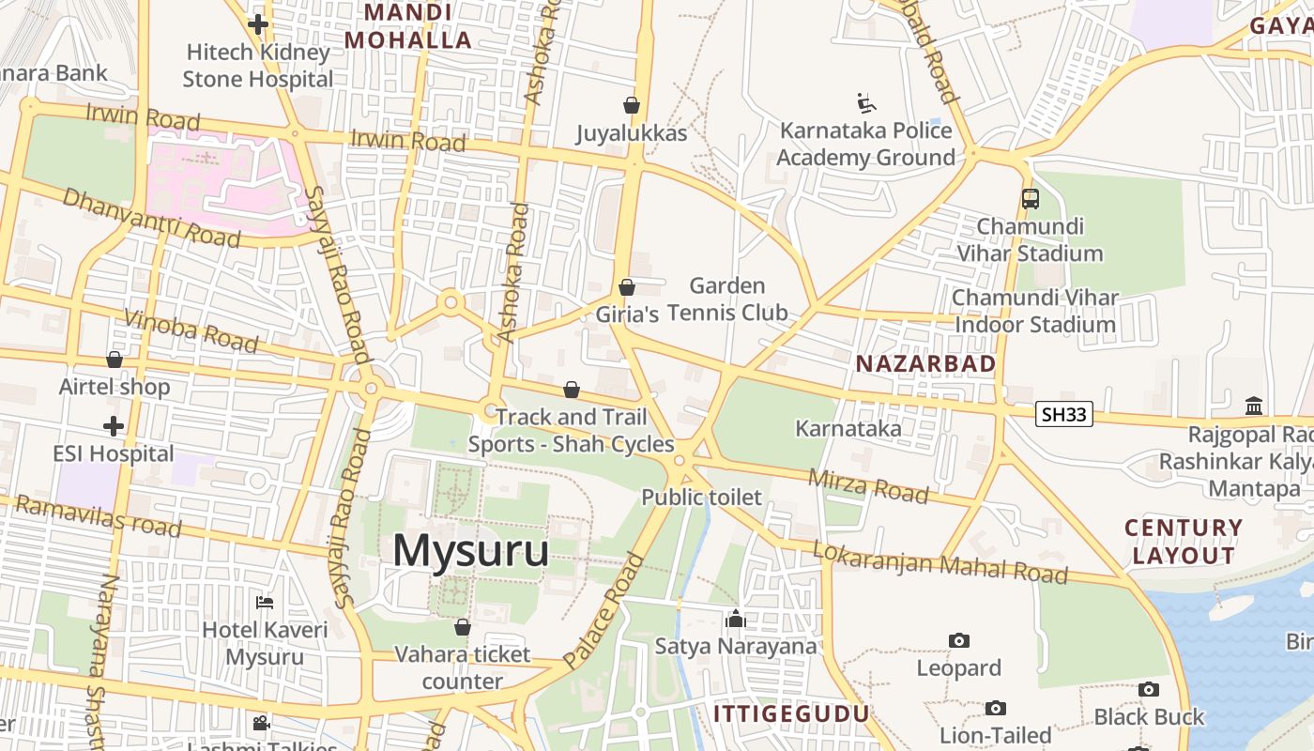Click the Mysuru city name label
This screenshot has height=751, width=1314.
(x=470, y=550)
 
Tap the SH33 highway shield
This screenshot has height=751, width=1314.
(x=1064, y=414)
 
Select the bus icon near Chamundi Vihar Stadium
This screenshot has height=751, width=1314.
(x=1031, y=198)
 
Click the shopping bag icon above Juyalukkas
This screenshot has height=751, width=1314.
(x=632, y=104)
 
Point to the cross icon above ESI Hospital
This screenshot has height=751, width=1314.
(x=114, y=427)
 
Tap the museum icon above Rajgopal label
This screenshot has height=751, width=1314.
(x=1254, y=406)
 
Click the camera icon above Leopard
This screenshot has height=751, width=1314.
(x=958, y=640)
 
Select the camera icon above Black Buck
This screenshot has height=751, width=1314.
(x=1148, y=690)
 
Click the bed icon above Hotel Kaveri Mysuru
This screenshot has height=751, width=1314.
(x=266, y=602)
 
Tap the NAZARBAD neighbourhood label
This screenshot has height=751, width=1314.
(x=925, y=363)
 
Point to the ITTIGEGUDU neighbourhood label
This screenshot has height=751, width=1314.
(x=792, y=713)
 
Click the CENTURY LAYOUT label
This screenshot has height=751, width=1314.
(x=1184, y=542)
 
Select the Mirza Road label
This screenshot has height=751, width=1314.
(x=868, y=485)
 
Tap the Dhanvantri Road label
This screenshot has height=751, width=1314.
(x=151, y=217)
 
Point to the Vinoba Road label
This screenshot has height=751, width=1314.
(x=191, y=331)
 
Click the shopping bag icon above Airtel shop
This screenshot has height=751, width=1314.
(x=115, y=360)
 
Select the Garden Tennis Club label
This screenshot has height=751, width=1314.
(x=727, y=299)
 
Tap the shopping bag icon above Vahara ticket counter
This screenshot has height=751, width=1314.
(x=462, y=627)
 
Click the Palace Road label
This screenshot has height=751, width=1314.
(x=605, y=610)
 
